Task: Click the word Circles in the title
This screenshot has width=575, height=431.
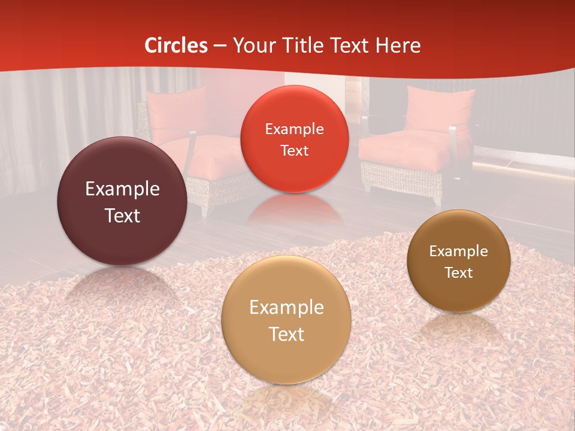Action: (x=176, y=45)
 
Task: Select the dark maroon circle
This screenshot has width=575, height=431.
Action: (x=122, y=201)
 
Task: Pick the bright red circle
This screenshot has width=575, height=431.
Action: (x=294, y=139)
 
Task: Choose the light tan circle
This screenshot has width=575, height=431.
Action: (x=286, y=320)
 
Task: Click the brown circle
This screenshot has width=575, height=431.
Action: (x=459, y=261)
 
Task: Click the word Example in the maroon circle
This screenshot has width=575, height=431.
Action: (x=122, y=189)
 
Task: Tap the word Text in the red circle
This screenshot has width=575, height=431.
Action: (x=294, y=150)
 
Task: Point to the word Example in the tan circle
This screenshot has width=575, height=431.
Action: (x=286, y=308)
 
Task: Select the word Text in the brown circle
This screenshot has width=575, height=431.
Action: (x=459, y=273)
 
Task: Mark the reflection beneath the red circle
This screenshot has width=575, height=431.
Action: (x=294, y=210)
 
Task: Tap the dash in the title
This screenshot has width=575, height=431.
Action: (x=220, y=45)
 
